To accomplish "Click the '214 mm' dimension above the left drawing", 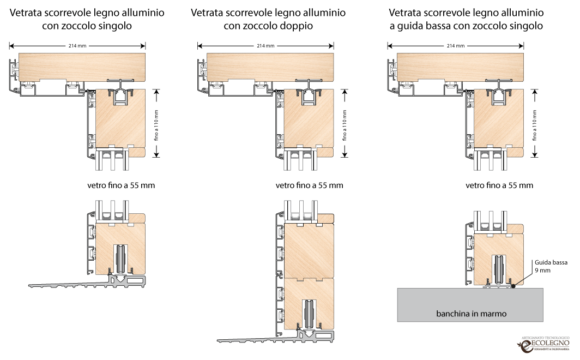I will (x=77, y=46).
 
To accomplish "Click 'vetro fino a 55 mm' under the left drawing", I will (x=121, y=185).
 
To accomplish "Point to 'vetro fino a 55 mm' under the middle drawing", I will (x=309, y=185).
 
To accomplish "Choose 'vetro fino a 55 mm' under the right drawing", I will (x=499, y=185).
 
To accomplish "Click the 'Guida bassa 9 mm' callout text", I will (x=551, y=266).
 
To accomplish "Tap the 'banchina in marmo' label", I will (x=472, y=314).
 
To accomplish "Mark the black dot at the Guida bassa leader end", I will (x=513, y=285).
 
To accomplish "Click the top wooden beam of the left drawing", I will (x=82, y=66).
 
